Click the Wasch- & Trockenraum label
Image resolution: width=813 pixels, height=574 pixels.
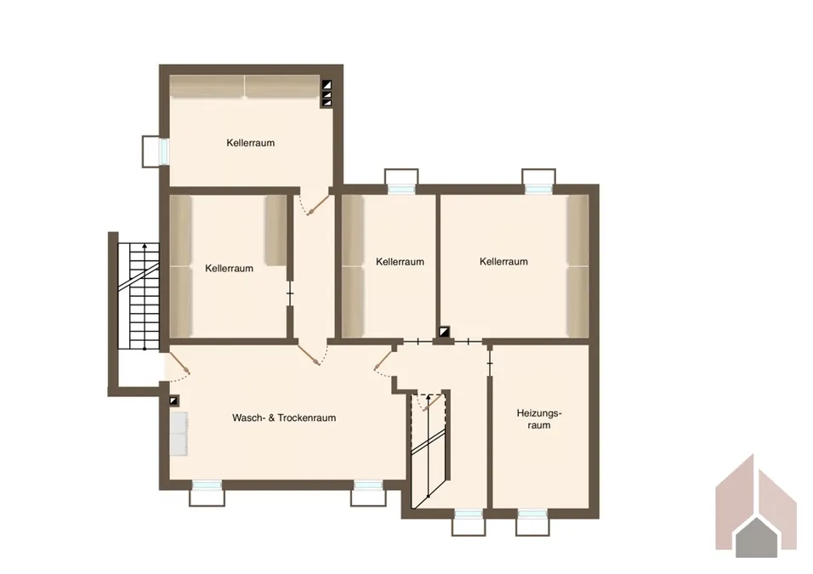pyautogui.click(x=284, y=418)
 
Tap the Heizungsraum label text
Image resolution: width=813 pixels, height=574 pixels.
pyautogui.click(x=539, y=419)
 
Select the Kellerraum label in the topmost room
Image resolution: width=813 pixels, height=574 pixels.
pyautogui.click(x=250, y=143)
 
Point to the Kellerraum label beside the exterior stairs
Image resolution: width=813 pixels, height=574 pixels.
pyautogui.click(x=229, y=269)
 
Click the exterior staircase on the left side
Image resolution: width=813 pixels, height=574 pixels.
pyautogui.click(x=139, y=296)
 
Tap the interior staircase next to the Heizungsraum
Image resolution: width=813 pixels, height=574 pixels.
pyautogui.click(x=429, y=450)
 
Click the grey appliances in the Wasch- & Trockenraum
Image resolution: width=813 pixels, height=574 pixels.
pyautogui.click(x=179, y=434)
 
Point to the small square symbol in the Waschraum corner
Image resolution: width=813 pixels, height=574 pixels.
pyautogui.click(x=173, y=401)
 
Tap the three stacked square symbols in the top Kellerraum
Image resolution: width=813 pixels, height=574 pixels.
pyautogui.click(x=327, y=94)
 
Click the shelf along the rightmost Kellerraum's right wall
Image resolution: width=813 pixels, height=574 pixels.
pyautogui.click(x=577, y=266)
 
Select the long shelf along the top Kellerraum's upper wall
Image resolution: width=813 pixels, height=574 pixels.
pyautogui.click(x=245, y=86)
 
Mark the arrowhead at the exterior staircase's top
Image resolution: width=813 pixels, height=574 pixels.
pyautogui.click(x=145, y=246)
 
